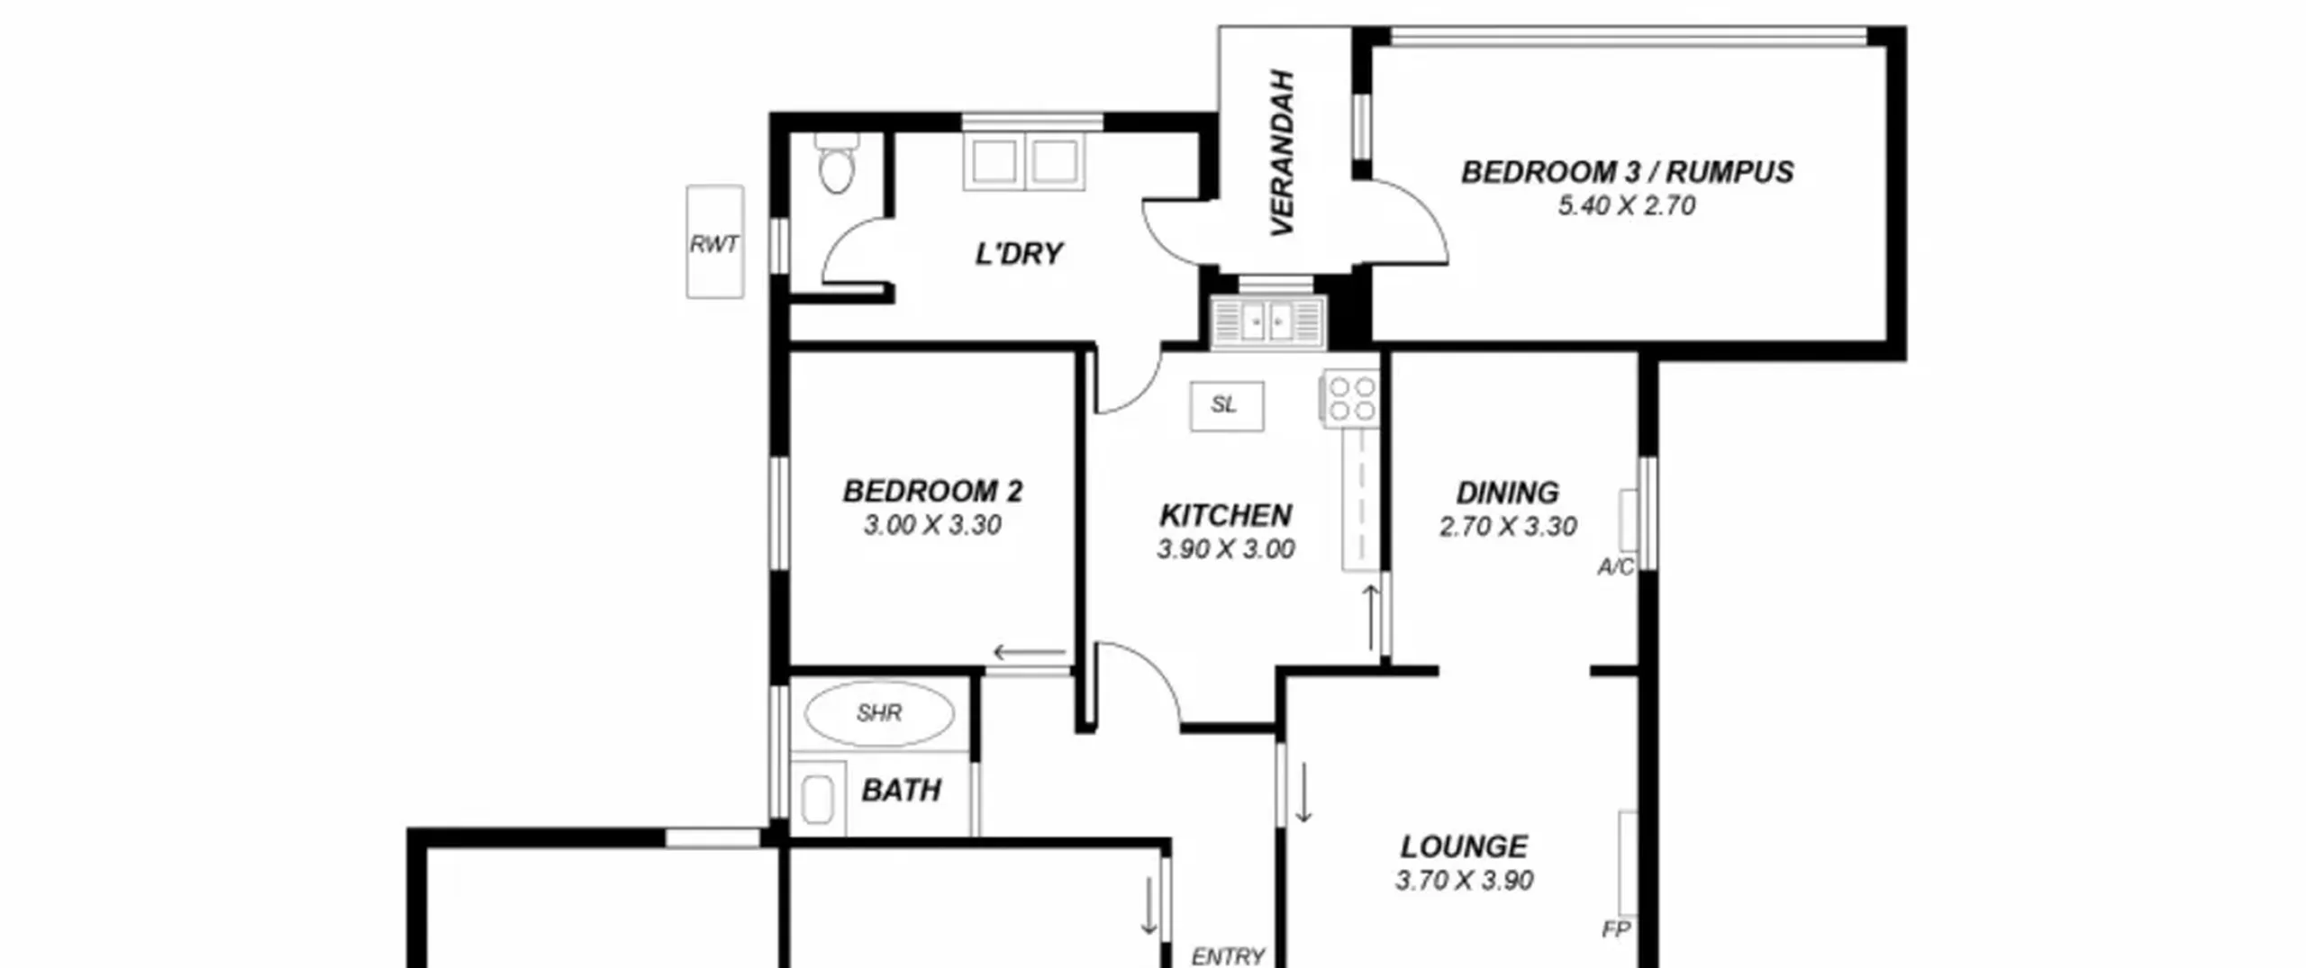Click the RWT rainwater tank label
pos(714,244)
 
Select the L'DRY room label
pos(1019,254)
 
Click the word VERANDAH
pos(1282,152)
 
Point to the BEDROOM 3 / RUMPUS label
pos(1627,172)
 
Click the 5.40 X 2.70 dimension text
pos(1627,206)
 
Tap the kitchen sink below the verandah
pos(1267,321)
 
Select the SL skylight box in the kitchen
pos(1226,406)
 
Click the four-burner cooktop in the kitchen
pos(1350,399)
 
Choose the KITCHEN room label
pos(1226,516)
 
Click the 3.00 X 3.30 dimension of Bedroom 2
pos(932,525)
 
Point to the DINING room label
pos(1507,493)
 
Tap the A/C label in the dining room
pos(1615,567)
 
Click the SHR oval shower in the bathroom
pos(879,714)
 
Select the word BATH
pos(901,791)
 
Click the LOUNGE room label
pos(1464,847)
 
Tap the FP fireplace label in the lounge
pos(1616,929)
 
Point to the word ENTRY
pos(1228,956)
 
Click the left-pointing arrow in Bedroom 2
pos(1029,653)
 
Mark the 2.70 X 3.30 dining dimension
pos(1507,527)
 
